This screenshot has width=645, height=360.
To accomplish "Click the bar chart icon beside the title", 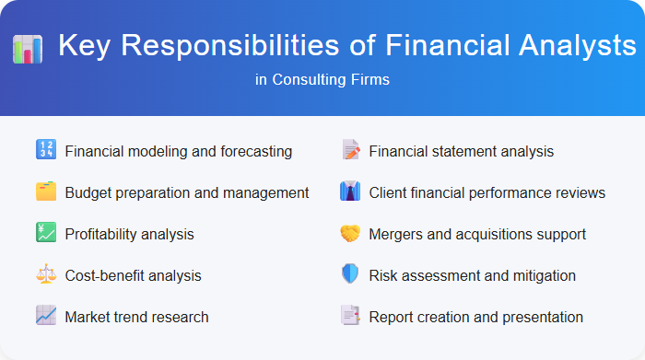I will click(28, 48).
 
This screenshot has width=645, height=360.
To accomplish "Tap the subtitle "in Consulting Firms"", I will click(322, 80).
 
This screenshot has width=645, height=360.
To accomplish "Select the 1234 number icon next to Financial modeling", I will click(46, 150).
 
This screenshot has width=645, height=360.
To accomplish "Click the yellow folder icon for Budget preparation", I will click(46, 192).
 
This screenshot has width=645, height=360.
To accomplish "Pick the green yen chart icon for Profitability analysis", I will click(46, 234).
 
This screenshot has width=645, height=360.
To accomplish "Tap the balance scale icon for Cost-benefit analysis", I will click(46, 275).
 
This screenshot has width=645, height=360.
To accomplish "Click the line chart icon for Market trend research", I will click(46, 317).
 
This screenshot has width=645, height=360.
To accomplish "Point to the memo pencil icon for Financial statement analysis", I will click(350, 150).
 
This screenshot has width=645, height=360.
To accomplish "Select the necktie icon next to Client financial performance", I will click(350, 192).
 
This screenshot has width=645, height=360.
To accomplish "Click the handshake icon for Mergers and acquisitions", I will click(350, 234).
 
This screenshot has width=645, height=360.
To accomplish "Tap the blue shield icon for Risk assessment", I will click(350, 275).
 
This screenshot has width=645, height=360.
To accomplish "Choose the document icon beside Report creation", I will click(350, 317).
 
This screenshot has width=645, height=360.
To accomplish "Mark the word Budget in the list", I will click(88, 192).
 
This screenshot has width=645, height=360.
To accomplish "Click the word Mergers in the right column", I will click(397, 234).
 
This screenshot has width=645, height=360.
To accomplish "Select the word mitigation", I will click(544, 275).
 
